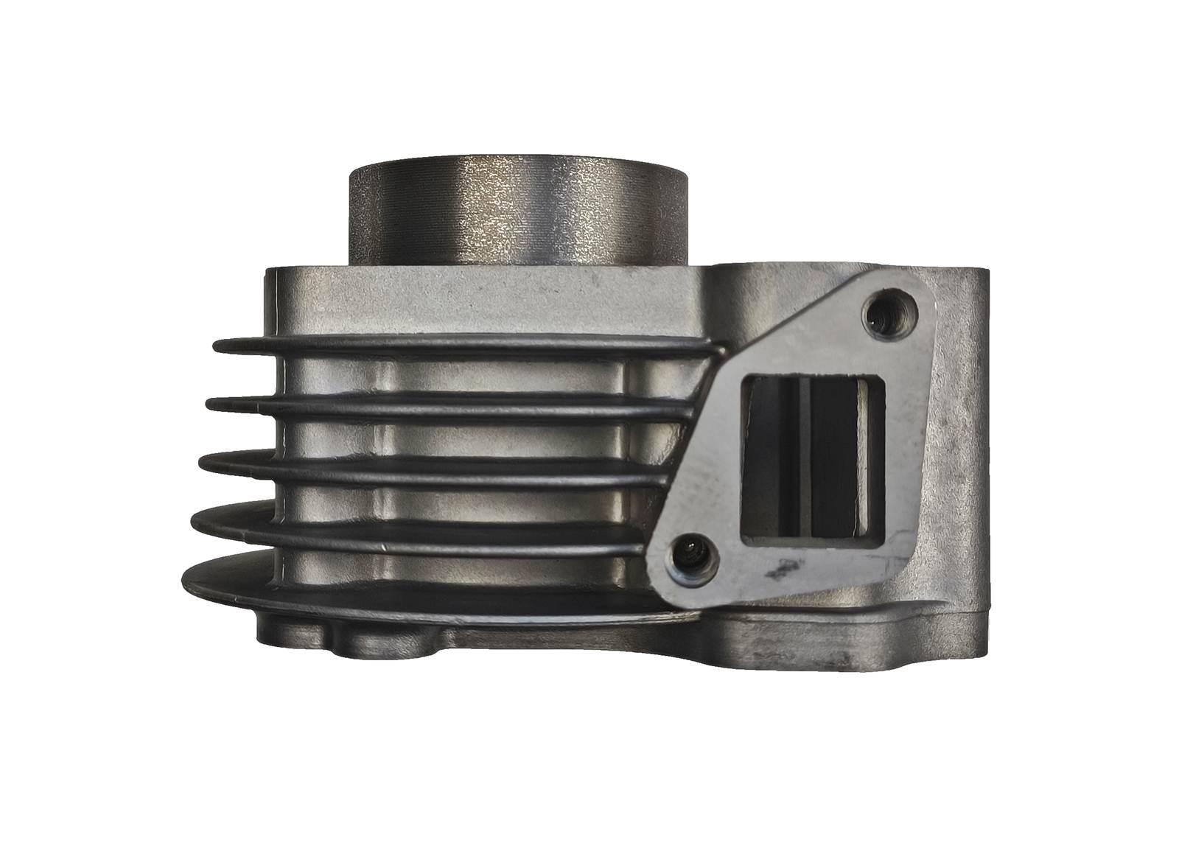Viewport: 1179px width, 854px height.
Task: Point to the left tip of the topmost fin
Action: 218,345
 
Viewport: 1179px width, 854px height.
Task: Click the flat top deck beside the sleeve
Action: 479,295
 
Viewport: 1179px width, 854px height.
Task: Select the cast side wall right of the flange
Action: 958,442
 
